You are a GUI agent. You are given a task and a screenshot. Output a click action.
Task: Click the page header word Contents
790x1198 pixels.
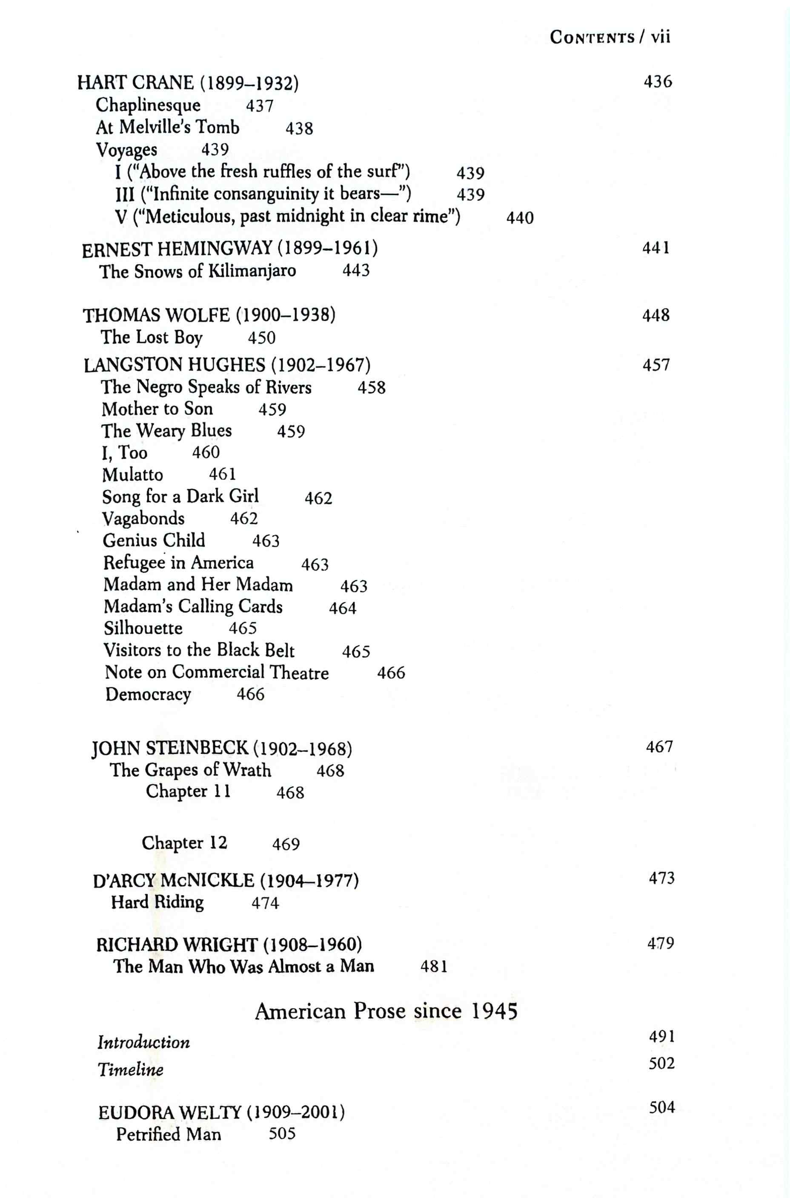[592, 38]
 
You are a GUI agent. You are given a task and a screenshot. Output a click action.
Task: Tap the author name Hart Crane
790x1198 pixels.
[135, 83]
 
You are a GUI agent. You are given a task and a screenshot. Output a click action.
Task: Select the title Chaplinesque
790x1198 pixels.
[148, 105]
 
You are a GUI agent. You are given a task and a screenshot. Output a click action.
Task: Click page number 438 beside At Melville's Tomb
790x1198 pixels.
[299, 128]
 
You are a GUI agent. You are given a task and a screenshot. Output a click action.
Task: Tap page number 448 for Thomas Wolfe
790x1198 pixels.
[655, 315]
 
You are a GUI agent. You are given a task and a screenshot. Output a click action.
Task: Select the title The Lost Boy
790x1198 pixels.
[151, 337]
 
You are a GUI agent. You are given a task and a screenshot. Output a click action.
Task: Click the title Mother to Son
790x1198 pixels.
[157, 409]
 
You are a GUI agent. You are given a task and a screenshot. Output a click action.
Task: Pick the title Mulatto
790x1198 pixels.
[132, 475]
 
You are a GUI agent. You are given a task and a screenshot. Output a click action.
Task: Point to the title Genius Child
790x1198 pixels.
[154, 541]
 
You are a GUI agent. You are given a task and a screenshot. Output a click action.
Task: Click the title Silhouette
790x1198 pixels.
[143, 628]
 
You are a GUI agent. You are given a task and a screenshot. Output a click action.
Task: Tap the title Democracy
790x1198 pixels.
[148, 695]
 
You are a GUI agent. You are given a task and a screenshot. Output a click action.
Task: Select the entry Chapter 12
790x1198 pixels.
[184, 843]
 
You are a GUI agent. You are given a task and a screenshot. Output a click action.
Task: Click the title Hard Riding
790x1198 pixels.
[157, 902]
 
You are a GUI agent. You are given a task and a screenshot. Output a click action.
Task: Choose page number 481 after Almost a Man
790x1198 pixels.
[434, 967]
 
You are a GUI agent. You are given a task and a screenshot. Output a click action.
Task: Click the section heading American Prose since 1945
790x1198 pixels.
[386, 1011]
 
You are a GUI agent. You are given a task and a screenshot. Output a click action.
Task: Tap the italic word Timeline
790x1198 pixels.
[131, 1069]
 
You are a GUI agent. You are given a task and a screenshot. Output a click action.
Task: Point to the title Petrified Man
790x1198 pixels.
[168, 1134]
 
